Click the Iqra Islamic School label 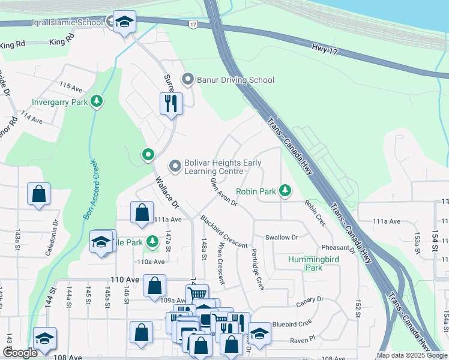pyautogui.click(x=58, y=23)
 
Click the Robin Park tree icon pyautogui.click(x=286, y=191)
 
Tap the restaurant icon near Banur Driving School pyautogui.click(x=171, y=103)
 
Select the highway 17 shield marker pyautogui.click(x=192, y=24)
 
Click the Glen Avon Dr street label pyautogui.click(x=223, y=192)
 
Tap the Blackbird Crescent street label pyautogui.click(x=223, y=232)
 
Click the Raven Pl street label pyautogui.click(x=303, y=340)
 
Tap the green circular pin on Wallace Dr pyautogui.click(x=148, y=155)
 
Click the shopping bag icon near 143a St pyautogui.click(x=38, y=194)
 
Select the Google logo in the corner pyautogui.click(x=20, y=353)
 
